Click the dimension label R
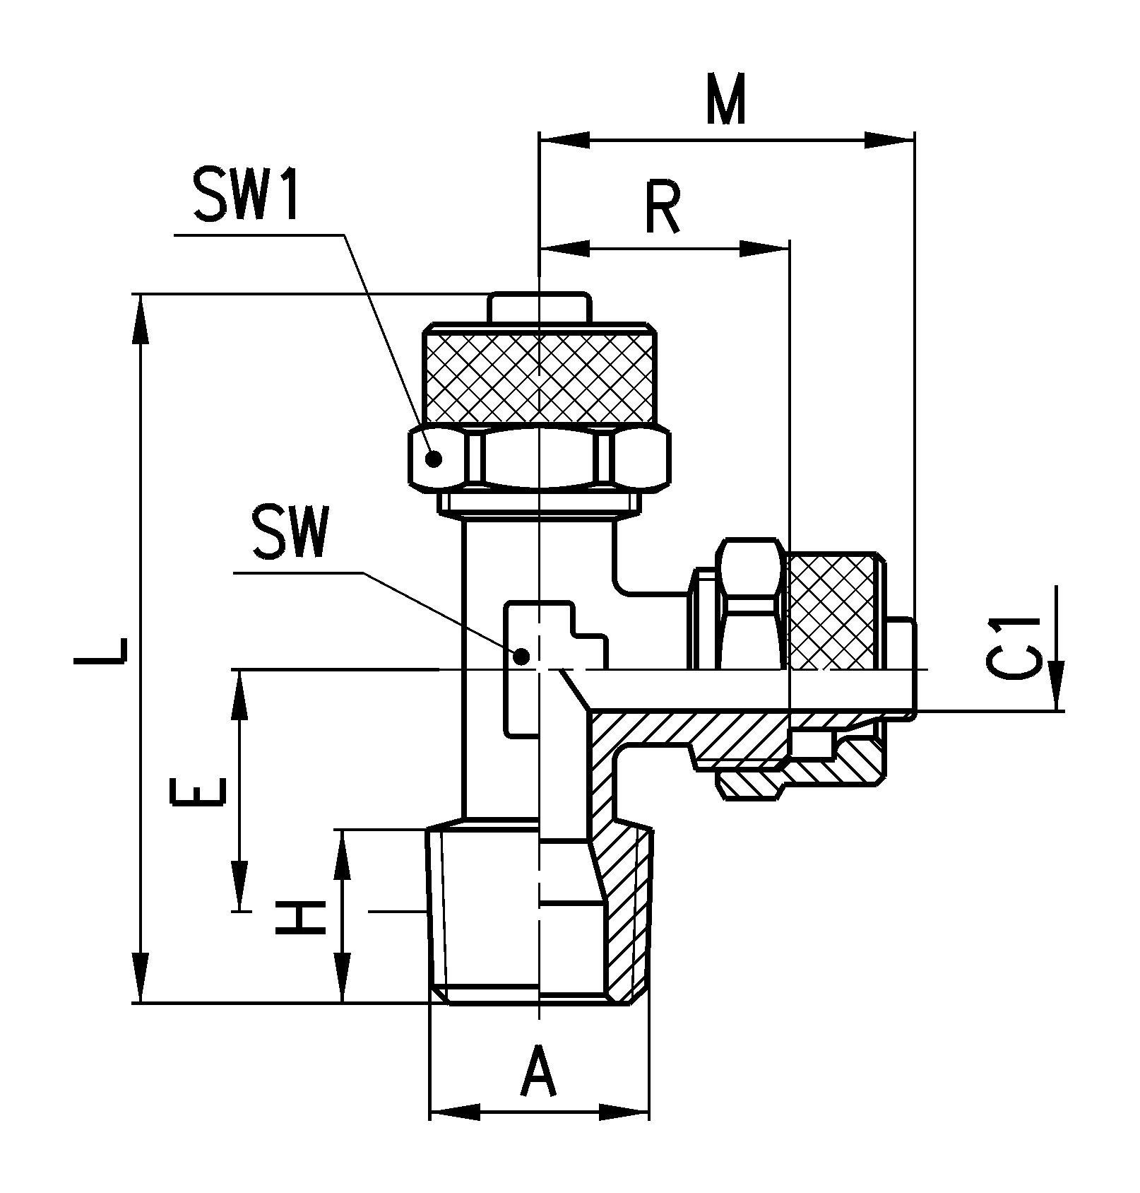coord(662,208)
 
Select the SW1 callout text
coord(247,194)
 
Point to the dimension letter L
coord(100,651)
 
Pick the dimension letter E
coord(198,792)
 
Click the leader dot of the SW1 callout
coord(434,459)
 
